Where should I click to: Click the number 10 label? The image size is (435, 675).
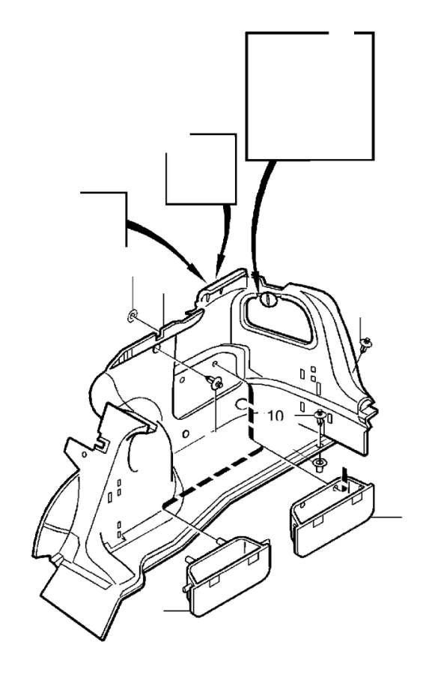(x=276, y=415)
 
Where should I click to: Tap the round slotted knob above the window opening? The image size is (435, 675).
(x=267, y=299)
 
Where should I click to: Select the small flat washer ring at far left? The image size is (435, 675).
(x=133, y=317)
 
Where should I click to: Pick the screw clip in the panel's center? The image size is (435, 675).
(x=216, y=382)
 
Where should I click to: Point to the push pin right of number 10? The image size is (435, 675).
(x=320, y=415)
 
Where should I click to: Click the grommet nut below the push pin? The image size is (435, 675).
(x=320, y=464)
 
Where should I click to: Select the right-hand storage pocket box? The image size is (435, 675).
(x=332, y=517)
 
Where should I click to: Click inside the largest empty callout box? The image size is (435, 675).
(x=310, y=95)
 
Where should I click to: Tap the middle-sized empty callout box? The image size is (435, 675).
(x=201, y=169)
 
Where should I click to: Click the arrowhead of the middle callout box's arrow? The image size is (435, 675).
(x=218, y=270)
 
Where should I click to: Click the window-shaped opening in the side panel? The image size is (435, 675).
(x=278, y=318)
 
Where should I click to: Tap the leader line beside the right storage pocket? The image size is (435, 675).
(x=388, y=516)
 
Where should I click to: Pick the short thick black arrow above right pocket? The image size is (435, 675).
(x=344, y=475)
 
